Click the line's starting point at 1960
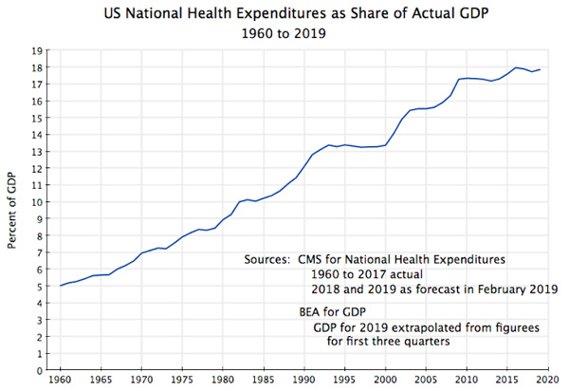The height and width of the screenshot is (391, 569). point(60,286)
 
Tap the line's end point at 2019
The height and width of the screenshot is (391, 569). point(541,69)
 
